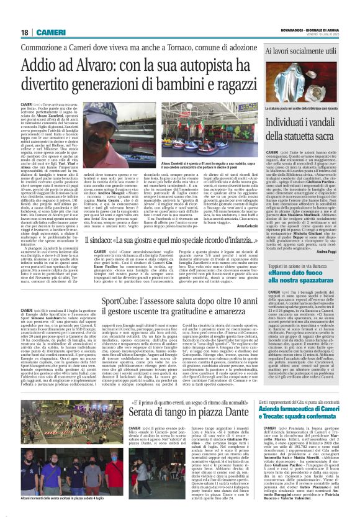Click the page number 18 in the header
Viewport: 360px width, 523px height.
click(x=24, y=32)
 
